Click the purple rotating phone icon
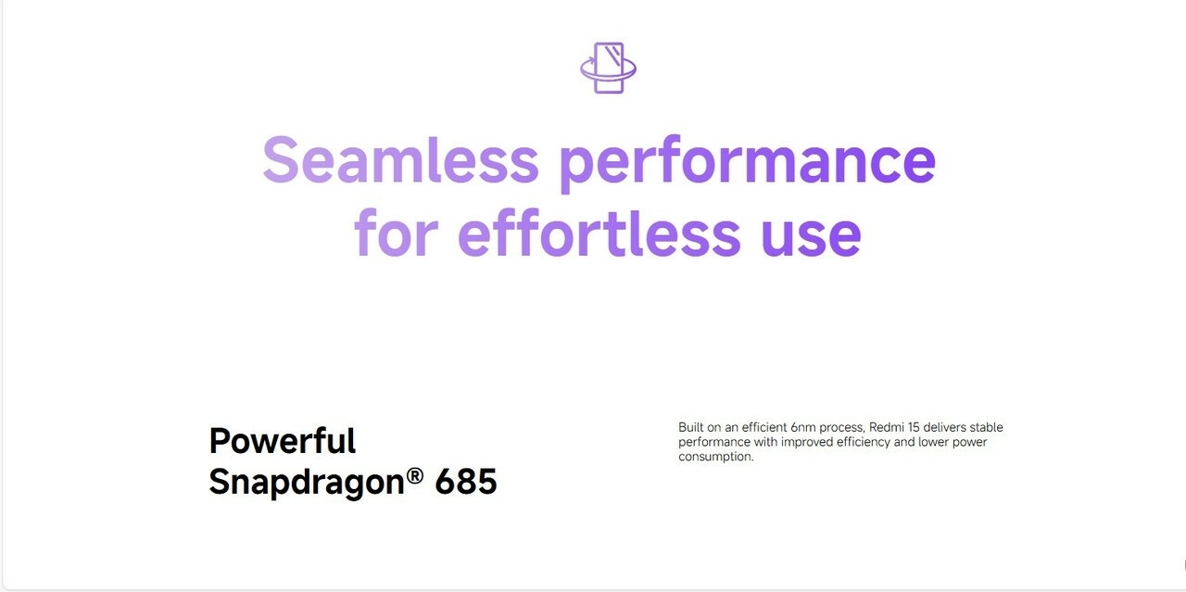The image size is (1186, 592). pos(608,68)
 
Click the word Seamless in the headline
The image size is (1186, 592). pos(401,159)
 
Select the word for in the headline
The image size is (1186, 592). pos(397,232)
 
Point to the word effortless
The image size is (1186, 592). pos(599,232)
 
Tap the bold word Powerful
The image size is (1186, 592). pos(283,441)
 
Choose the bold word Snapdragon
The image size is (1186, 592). pos(307,482)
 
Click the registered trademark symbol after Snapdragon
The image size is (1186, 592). pos(415,475)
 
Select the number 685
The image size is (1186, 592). pos(466,482)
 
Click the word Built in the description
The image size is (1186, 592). pos(690,427)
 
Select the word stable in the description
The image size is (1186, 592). pos(987,427)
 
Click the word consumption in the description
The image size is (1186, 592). pos(715,457)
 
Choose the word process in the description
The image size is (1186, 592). pos(842,428)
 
